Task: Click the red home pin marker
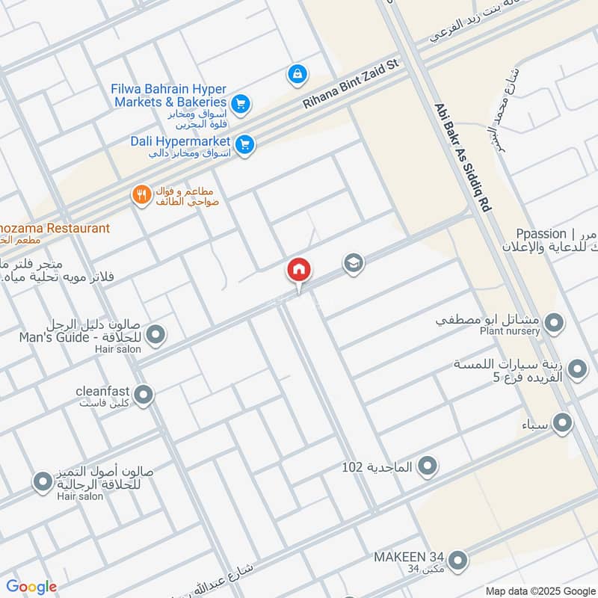[299, 270]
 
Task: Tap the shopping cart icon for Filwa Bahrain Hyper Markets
[240, 104]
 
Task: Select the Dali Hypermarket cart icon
[244, 144]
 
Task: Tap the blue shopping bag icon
[298, 74]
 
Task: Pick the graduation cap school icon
[353, 263]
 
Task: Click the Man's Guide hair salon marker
[155, 335]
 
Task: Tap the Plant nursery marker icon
[554, 324]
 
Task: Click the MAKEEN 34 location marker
[457, 560]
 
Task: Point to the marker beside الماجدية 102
[428, 467]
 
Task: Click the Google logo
[31, 587]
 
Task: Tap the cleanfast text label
[103, 391]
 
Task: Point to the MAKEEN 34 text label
[410, 557]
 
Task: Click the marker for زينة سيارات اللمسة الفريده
[577, 369]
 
